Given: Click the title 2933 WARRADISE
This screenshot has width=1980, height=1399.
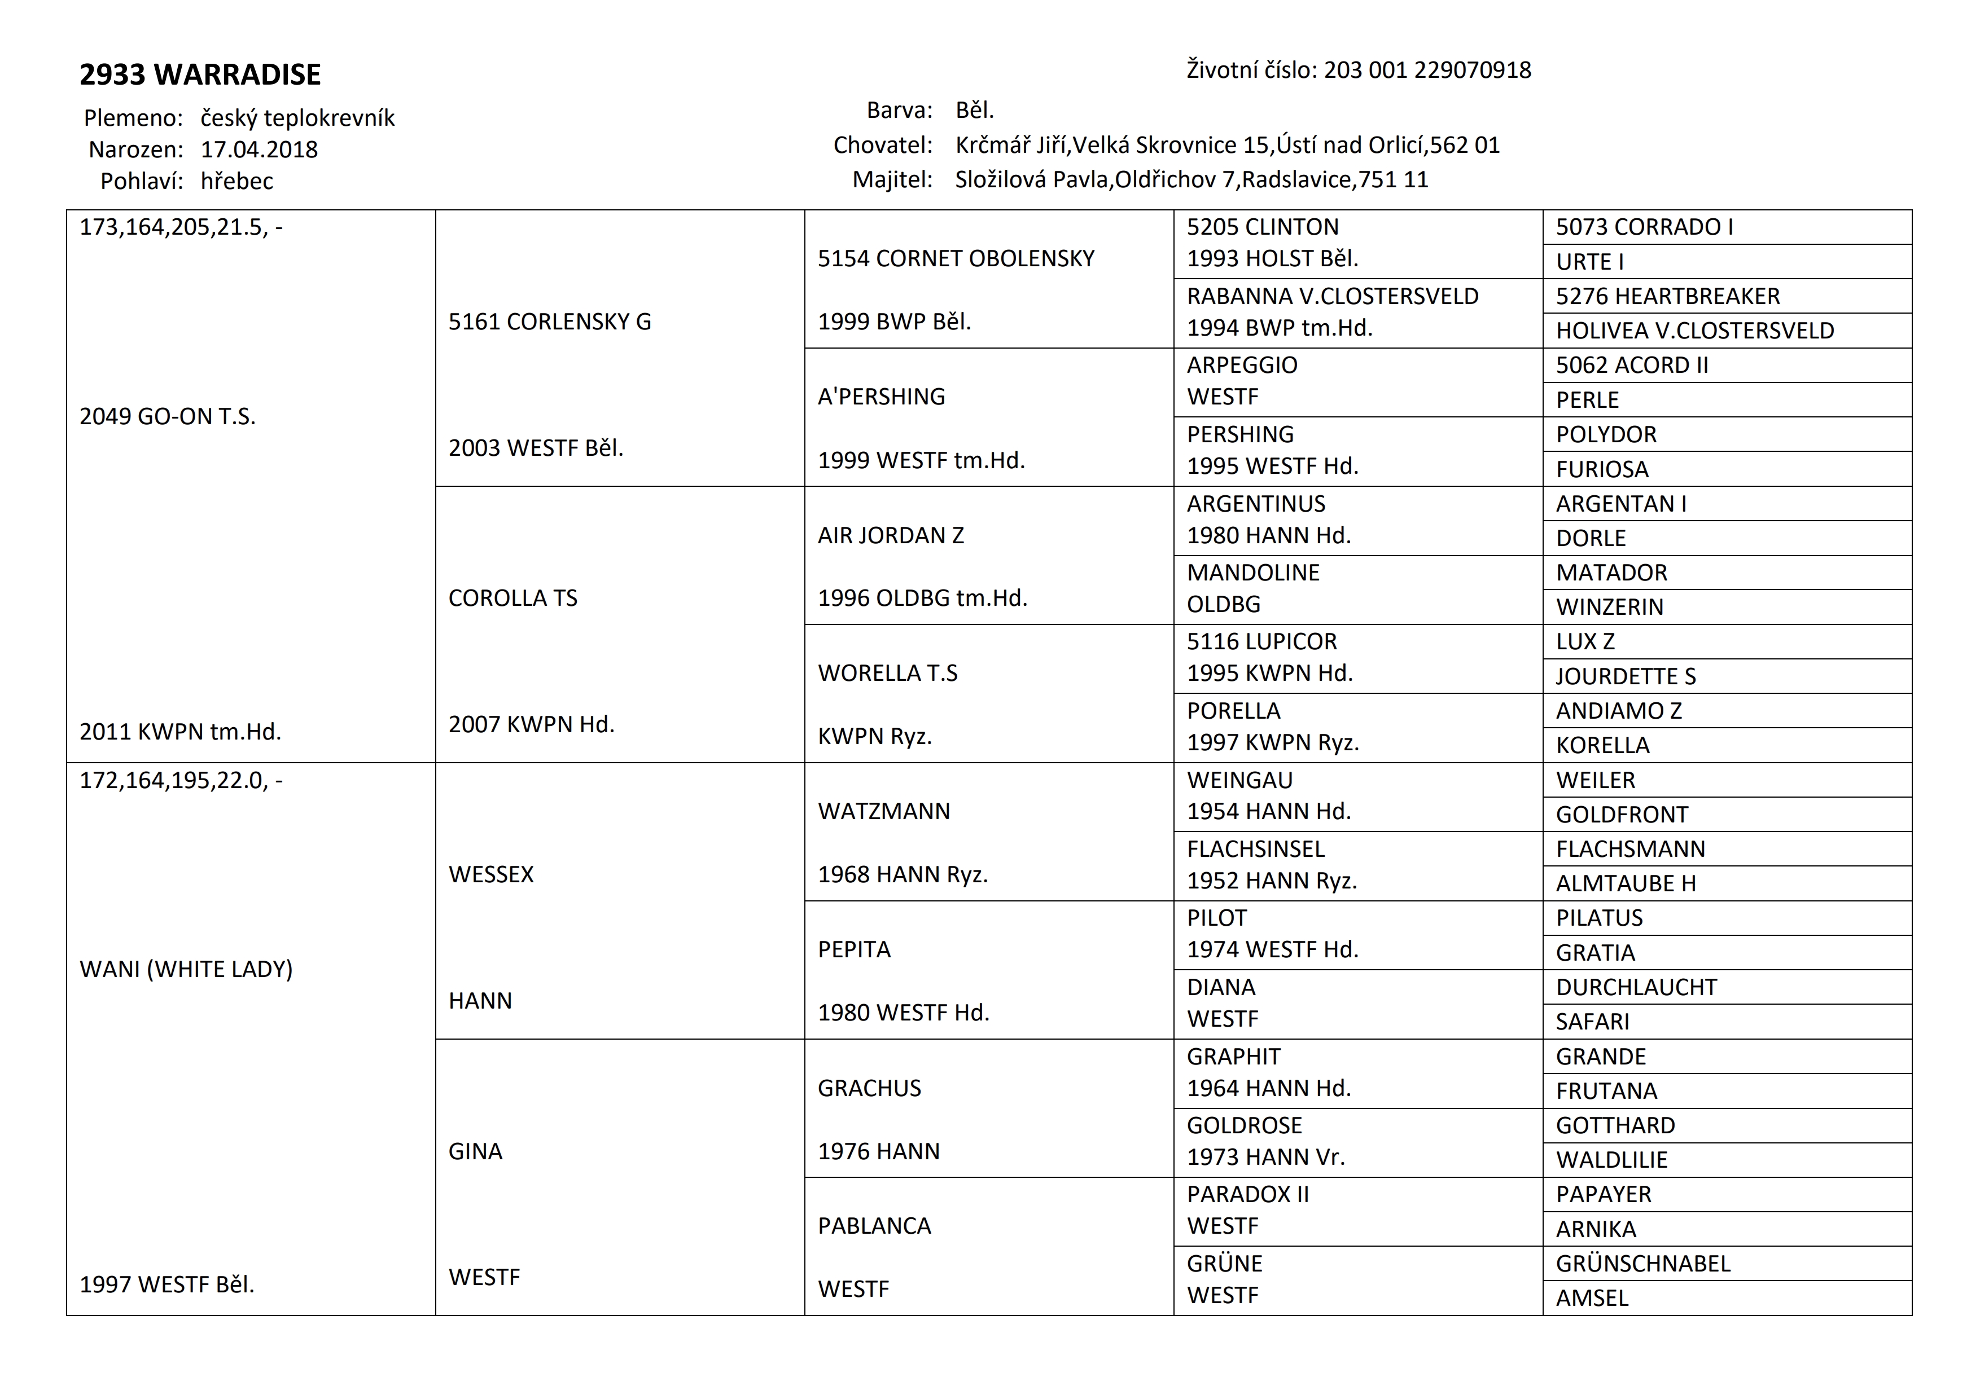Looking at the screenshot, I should point(200,75).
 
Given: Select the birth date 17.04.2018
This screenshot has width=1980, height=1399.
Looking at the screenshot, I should point(259,150).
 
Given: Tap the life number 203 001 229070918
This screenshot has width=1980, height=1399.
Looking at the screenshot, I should point(1427,70).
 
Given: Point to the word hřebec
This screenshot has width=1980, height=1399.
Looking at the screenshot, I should point(236,181).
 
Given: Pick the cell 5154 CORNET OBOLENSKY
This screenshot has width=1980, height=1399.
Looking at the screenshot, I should point(956,258).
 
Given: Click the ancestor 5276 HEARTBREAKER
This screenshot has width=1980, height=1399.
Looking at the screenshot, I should point(1667,297).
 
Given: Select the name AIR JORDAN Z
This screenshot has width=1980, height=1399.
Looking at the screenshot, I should point(890,535).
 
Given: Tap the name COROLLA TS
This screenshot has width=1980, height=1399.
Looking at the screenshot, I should point(512,598).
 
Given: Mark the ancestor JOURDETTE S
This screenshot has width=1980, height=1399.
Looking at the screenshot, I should point(1626,677).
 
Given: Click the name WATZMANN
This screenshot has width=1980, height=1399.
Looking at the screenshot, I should point(883,811).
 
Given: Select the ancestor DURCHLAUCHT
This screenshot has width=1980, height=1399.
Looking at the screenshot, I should point(1636,987).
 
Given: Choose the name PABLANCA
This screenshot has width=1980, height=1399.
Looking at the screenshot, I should point(874,1226).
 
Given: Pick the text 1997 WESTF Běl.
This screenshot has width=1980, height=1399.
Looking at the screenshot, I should point(167,1284).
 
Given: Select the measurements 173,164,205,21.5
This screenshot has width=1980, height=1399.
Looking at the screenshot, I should point(173,227).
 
